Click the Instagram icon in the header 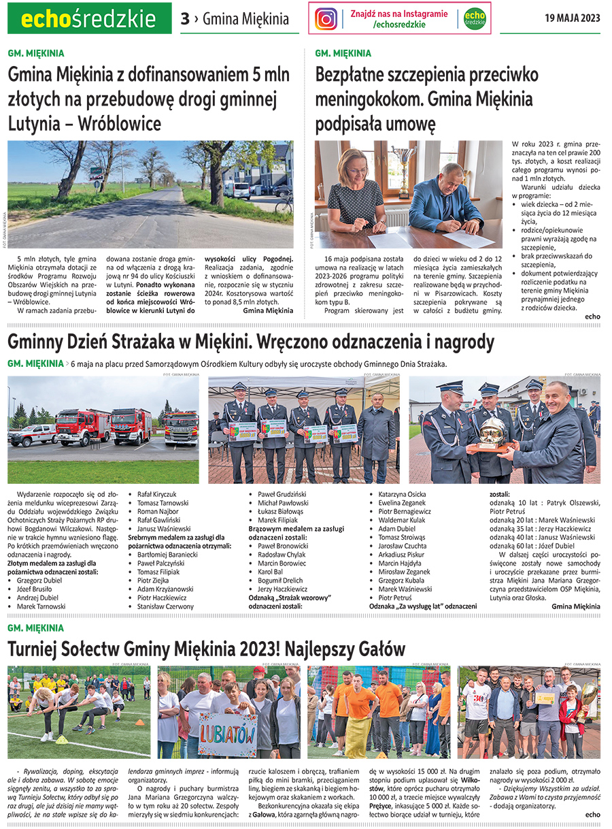[326, 18]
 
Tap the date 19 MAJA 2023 [572, 18]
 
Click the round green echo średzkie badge [475, 18]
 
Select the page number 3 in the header [185, 19]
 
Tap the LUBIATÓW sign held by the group [228, 734]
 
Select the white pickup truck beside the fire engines [32, 434]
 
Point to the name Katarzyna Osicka [402, 495]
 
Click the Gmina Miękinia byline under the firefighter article [576, 606]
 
